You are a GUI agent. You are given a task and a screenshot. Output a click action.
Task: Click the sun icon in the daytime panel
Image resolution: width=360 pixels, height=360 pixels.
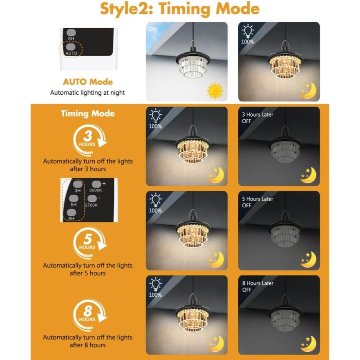coord(215,91)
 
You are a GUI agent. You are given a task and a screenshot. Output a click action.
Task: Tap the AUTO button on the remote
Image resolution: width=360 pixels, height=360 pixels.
coord(71,47)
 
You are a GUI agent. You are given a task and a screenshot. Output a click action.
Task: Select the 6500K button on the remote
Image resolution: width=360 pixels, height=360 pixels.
coord(96,184)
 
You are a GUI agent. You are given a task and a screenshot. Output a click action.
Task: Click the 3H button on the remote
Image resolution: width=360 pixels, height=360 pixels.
coord(78,184)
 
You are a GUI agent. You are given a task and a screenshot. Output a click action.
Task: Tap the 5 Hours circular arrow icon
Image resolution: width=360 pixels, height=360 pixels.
coord(90,243)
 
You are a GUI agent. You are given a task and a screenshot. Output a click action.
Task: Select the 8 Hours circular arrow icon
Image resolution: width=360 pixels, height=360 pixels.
coord(90,315)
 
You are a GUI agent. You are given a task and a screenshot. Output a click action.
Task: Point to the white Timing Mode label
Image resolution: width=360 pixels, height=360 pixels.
coord(88,113)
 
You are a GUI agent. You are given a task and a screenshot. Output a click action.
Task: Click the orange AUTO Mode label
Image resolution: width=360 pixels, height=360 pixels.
coord(88,82)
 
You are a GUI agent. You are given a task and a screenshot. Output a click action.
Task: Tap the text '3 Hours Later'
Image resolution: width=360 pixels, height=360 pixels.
coord(258,114)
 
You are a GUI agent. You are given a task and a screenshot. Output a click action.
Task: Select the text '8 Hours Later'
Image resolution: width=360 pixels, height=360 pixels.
coord(258,283)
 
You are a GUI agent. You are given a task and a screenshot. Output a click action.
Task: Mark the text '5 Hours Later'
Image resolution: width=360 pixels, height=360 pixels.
coord(258,199)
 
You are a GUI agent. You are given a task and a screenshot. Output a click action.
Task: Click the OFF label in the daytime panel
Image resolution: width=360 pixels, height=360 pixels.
coord(153,29)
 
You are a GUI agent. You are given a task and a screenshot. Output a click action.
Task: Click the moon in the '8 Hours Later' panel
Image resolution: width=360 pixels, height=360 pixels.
coord(309,344)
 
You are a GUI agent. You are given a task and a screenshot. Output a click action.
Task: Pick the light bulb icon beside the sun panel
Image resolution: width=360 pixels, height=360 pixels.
coord(248,31)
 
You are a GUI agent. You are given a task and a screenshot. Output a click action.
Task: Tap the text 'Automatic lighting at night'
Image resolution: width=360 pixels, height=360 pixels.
coord(87,93)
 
